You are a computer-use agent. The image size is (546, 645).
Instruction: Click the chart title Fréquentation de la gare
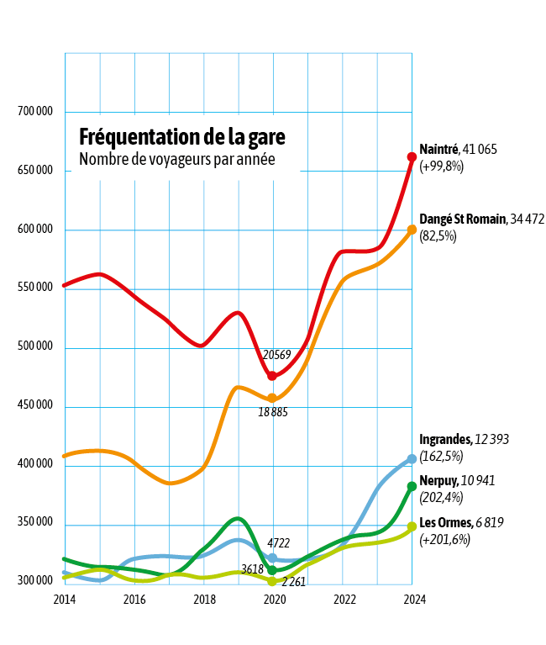181,136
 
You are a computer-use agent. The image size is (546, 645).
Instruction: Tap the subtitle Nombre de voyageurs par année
176,158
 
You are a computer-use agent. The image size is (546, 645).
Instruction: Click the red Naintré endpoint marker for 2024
412,157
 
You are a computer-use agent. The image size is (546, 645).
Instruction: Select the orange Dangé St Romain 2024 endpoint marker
412,230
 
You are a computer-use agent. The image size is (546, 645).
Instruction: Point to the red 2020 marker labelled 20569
272,376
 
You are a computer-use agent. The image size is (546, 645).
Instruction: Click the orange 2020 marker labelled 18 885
272,399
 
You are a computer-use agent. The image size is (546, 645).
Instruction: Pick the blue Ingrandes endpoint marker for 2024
412,459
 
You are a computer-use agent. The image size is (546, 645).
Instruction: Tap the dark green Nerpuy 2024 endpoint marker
412,486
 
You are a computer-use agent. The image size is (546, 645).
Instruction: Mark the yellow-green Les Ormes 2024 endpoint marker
412,526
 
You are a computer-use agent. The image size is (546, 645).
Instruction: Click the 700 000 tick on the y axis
35,112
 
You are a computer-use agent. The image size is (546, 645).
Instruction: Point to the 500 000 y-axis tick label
35,346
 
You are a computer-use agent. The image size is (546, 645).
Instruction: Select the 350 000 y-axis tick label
35,523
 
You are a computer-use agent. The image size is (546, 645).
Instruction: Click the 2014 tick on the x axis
65,600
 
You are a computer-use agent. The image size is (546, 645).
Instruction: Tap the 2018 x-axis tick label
204,600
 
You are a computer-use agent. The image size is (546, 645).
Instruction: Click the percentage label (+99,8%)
442,166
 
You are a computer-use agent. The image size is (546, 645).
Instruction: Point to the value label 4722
278,543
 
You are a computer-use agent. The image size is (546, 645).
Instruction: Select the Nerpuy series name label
438,481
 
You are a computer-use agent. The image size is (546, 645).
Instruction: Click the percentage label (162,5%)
441,456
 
